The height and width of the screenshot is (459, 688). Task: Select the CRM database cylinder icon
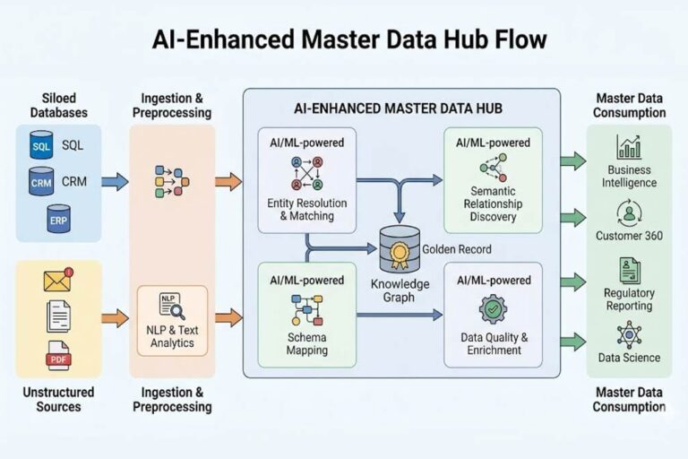point(41,182)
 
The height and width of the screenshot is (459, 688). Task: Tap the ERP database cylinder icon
point(58,220)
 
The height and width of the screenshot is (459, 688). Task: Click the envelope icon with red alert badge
point(58,281)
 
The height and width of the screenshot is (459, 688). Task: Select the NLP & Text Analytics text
point(171,336)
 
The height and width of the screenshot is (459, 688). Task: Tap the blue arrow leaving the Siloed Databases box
point(115,182)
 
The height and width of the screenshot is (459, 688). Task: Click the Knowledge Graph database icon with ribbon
point(400,249)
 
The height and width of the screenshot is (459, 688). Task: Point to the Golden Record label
point(456,249)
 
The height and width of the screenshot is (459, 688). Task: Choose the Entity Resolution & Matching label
point(307,209)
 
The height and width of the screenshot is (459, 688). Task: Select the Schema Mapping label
point(307,343)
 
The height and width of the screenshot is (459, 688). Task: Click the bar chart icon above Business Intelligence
point(629,147)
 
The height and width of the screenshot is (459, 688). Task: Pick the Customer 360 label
point(629,236)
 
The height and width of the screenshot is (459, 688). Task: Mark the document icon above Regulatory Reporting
point(629,270)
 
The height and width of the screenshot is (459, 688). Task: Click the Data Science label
point(629,358)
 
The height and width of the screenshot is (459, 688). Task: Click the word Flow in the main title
point(512,40)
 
